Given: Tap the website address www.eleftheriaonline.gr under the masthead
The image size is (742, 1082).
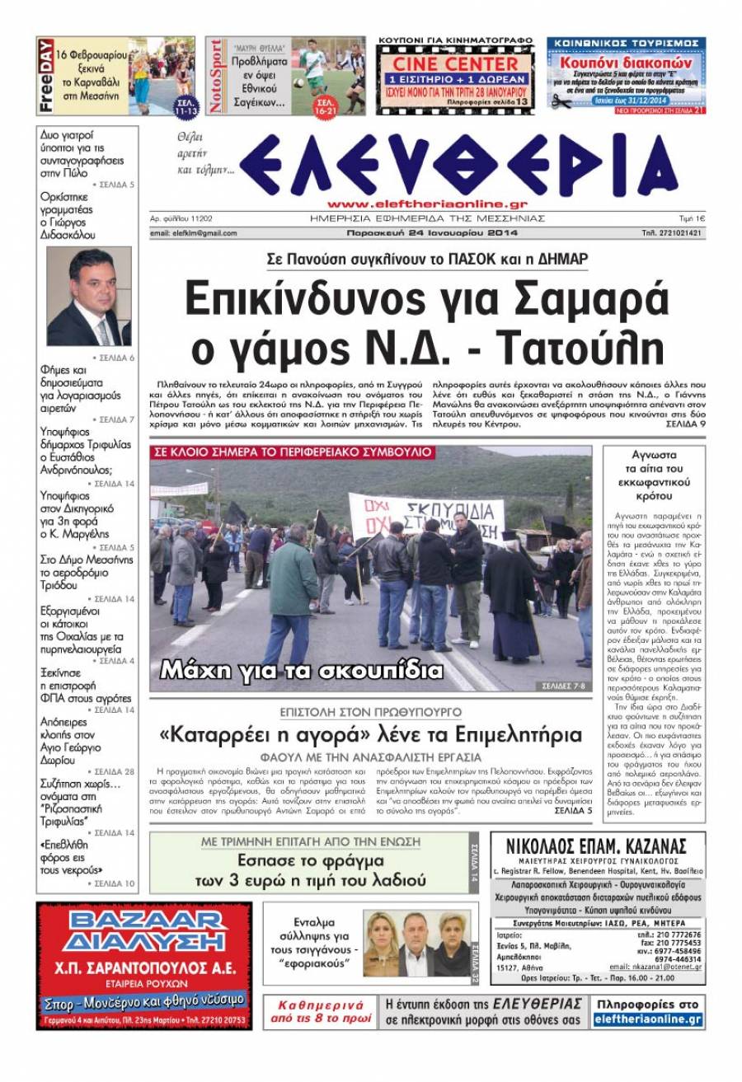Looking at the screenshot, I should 427,204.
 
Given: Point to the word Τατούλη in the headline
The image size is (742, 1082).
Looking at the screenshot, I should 578,349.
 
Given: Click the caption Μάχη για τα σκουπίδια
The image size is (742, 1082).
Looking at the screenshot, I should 301,670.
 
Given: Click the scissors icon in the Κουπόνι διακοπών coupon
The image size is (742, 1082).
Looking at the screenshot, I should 561,102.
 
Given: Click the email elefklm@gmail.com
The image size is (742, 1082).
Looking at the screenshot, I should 194,233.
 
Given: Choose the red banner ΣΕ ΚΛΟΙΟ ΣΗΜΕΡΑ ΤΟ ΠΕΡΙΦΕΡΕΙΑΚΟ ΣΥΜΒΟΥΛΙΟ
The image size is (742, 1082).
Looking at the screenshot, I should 294,452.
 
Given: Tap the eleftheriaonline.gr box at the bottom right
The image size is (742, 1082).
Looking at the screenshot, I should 648,1019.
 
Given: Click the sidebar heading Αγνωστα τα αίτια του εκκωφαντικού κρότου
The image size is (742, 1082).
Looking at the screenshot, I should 653,475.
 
